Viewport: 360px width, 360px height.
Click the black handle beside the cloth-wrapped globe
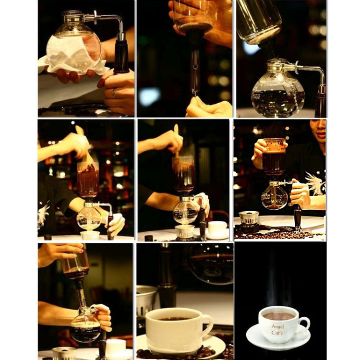[121, 55]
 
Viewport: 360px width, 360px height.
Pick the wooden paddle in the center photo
[176, 139]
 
